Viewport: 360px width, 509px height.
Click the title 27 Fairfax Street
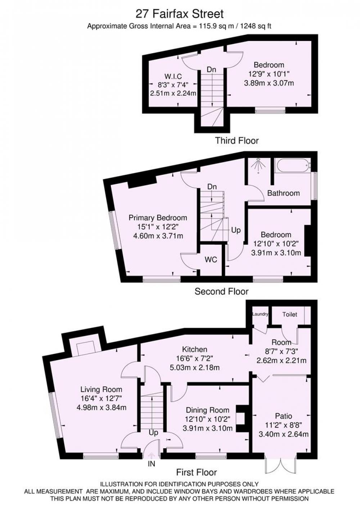[180, 14]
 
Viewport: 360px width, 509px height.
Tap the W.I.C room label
[173, 76]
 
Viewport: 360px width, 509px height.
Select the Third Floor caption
[237, 141]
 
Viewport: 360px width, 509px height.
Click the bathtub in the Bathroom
[293, 165]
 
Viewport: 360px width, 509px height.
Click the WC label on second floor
[211, 260]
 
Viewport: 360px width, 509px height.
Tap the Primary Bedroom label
[158, 218]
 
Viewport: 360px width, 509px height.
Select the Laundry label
[260, 314]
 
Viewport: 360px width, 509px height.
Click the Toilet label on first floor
[290, 314]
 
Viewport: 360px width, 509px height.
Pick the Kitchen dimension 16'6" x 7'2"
[195, 358]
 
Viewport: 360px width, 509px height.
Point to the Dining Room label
[208, 410]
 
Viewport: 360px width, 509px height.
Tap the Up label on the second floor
[236, 231]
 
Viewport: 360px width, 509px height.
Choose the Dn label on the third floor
[211, 69]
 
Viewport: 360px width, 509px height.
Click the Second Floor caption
[221, 291]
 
